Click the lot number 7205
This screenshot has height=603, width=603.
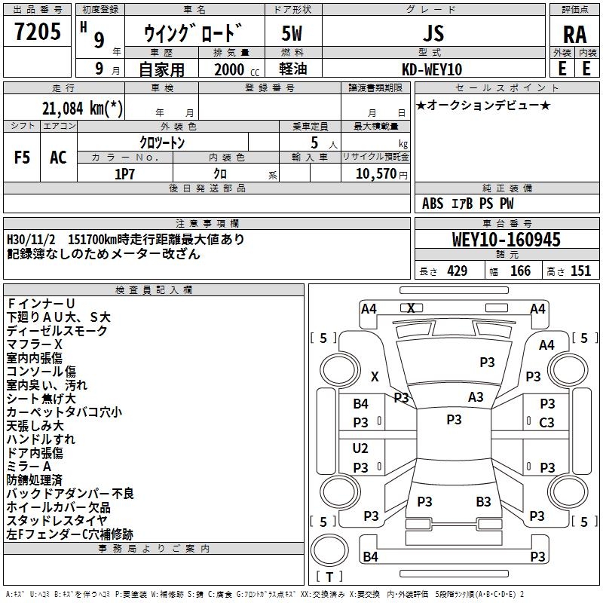click(38, 32)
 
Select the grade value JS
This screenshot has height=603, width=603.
click(432, 34)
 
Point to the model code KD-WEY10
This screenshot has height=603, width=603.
click(433, 69)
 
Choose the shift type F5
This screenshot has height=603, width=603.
click(23, 158)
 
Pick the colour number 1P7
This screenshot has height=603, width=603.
click(124, 173)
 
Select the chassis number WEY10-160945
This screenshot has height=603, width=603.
click(507, 240)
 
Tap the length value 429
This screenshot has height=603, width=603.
click(457, 271)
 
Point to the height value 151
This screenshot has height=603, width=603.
click(580, 271)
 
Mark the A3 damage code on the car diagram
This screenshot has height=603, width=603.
click(476, 396)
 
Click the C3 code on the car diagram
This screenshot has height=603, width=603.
click(546, 423)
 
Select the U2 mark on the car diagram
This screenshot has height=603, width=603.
click(360, 448)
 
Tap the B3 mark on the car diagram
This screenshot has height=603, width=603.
click(483, 501)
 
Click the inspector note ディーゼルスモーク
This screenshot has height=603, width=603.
click(57, 331)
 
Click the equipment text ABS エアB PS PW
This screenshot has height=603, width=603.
click(468, 204)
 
